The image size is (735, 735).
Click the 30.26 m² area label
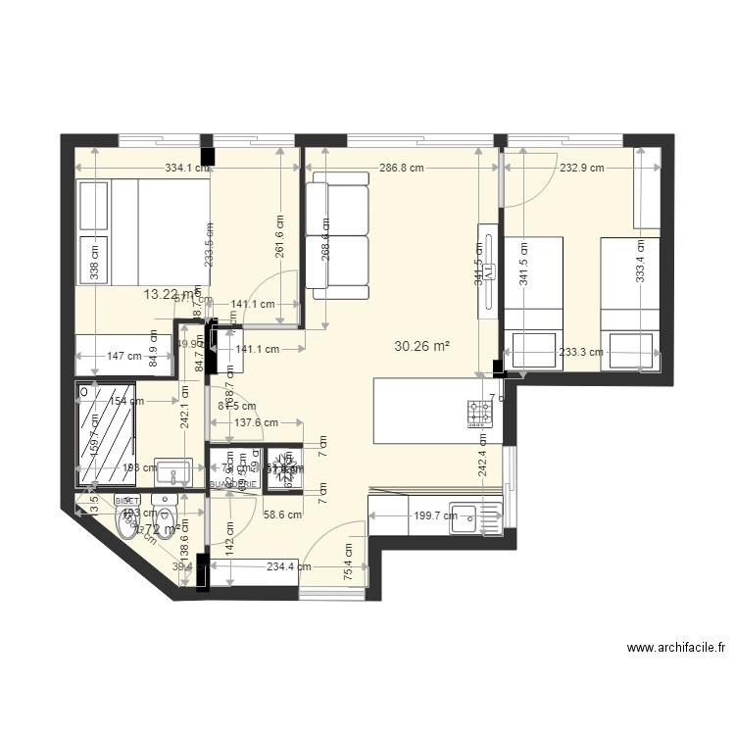click(421, 346)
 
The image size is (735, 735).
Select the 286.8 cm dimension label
click(402, 168)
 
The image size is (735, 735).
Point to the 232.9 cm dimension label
click(582, 168)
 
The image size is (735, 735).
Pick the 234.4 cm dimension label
click(288, 565)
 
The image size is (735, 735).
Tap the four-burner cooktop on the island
click(480, 413)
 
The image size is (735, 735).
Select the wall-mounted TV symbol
click(486, 271)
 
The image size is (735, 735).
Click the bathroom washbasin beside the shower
click(174, 471)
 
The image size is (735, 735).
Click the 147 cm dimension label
click(124, 357)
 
